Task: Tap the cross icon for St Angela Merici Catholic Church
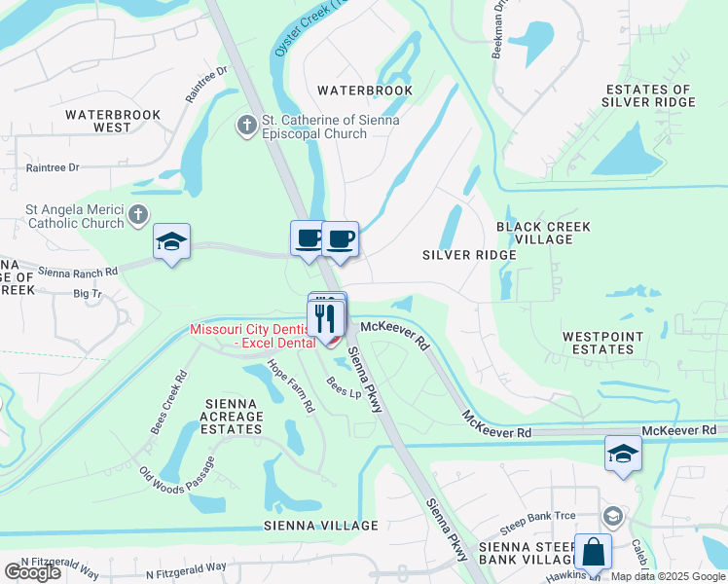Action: pos(139,214)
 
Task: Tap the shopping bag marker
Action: pos(592,553)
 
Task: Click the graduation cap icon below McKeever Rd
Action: pos(623,454)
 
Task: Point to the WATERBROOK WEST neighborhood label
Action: pos(113,121)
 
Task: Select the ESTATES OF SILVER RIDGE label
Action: pos(646,95)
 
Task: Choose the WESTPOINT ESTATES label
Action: pos(598,342)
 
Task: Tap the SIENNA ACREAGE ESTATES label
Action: pos(233,416)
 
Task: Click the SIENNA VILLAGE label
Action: pos(320,526)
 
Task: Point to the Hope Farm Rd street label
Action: pos(291,383)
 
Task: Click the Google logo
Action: pos(32,572)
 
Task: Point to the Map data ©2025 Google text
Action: pos(668,576)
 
